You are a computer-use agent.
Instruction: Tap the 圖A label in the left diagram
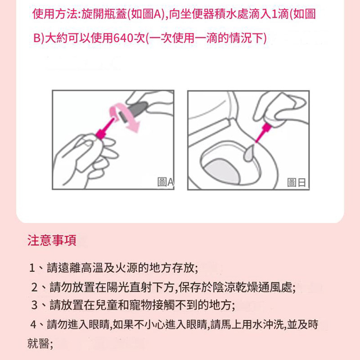(x=165, y=182)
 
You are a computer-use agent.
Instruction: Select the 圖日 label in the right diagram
(x=297, y=183)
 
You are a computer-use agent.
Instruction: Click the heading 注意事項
(x=52, y=240)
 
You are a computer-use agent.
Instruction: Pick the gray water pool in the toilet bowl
(x=221, y=171)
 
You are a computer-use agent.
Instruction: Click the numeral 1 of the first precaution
(x=32, y=268)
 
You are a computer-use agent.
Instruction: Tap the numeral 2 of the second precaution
(x=35, y=288)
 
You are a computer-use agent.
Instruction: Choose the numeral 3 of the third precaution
(x=35, y=305)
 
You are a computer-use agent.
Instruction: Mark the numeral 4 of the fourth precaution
(x=33, y=324)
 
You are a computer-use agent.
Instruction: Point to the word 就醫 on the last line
(x=38, y=344)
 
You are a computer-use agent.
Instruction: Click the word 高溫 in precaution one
(x=92, y=268)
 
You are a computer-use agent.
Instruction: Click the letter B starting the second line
(x=37, y=38)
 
